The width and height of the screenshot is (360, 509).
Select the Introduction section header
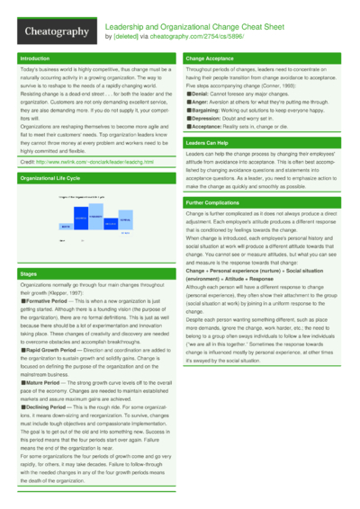point(35,58)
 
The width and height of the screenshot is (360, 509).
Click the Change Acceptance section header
point(210,58)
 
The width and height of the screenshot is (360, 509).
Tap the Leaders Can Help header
point(206,143)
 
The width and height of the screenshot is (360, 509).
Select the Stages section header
point(29,272)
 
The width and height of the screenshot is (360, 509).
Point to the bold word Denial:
point(199,93)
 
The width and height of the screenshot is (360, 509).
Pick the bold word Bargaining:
point(204,111)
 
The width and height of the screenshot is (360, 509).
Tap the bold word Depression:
point(205,119)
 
